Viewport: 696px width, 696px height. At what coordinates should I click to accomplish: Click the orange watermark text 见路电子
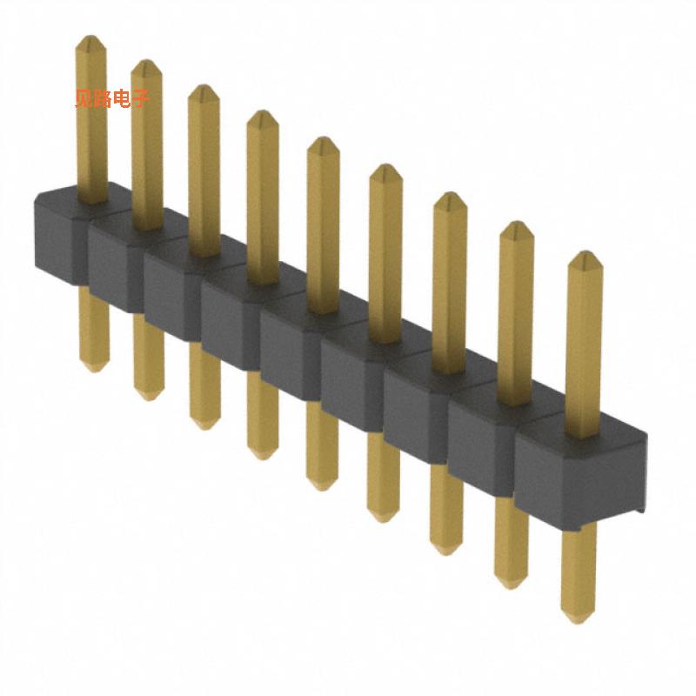click(112, 98)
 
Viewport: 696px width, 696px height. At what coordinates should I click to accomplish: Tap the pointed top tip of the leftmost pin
click(90, 40)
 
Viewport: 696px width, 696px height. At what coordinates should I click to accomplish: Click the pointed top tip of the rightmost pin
click(585, 257)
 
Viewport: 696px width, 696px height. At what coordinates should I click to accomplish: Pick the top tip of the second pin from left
click(146, 64)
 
